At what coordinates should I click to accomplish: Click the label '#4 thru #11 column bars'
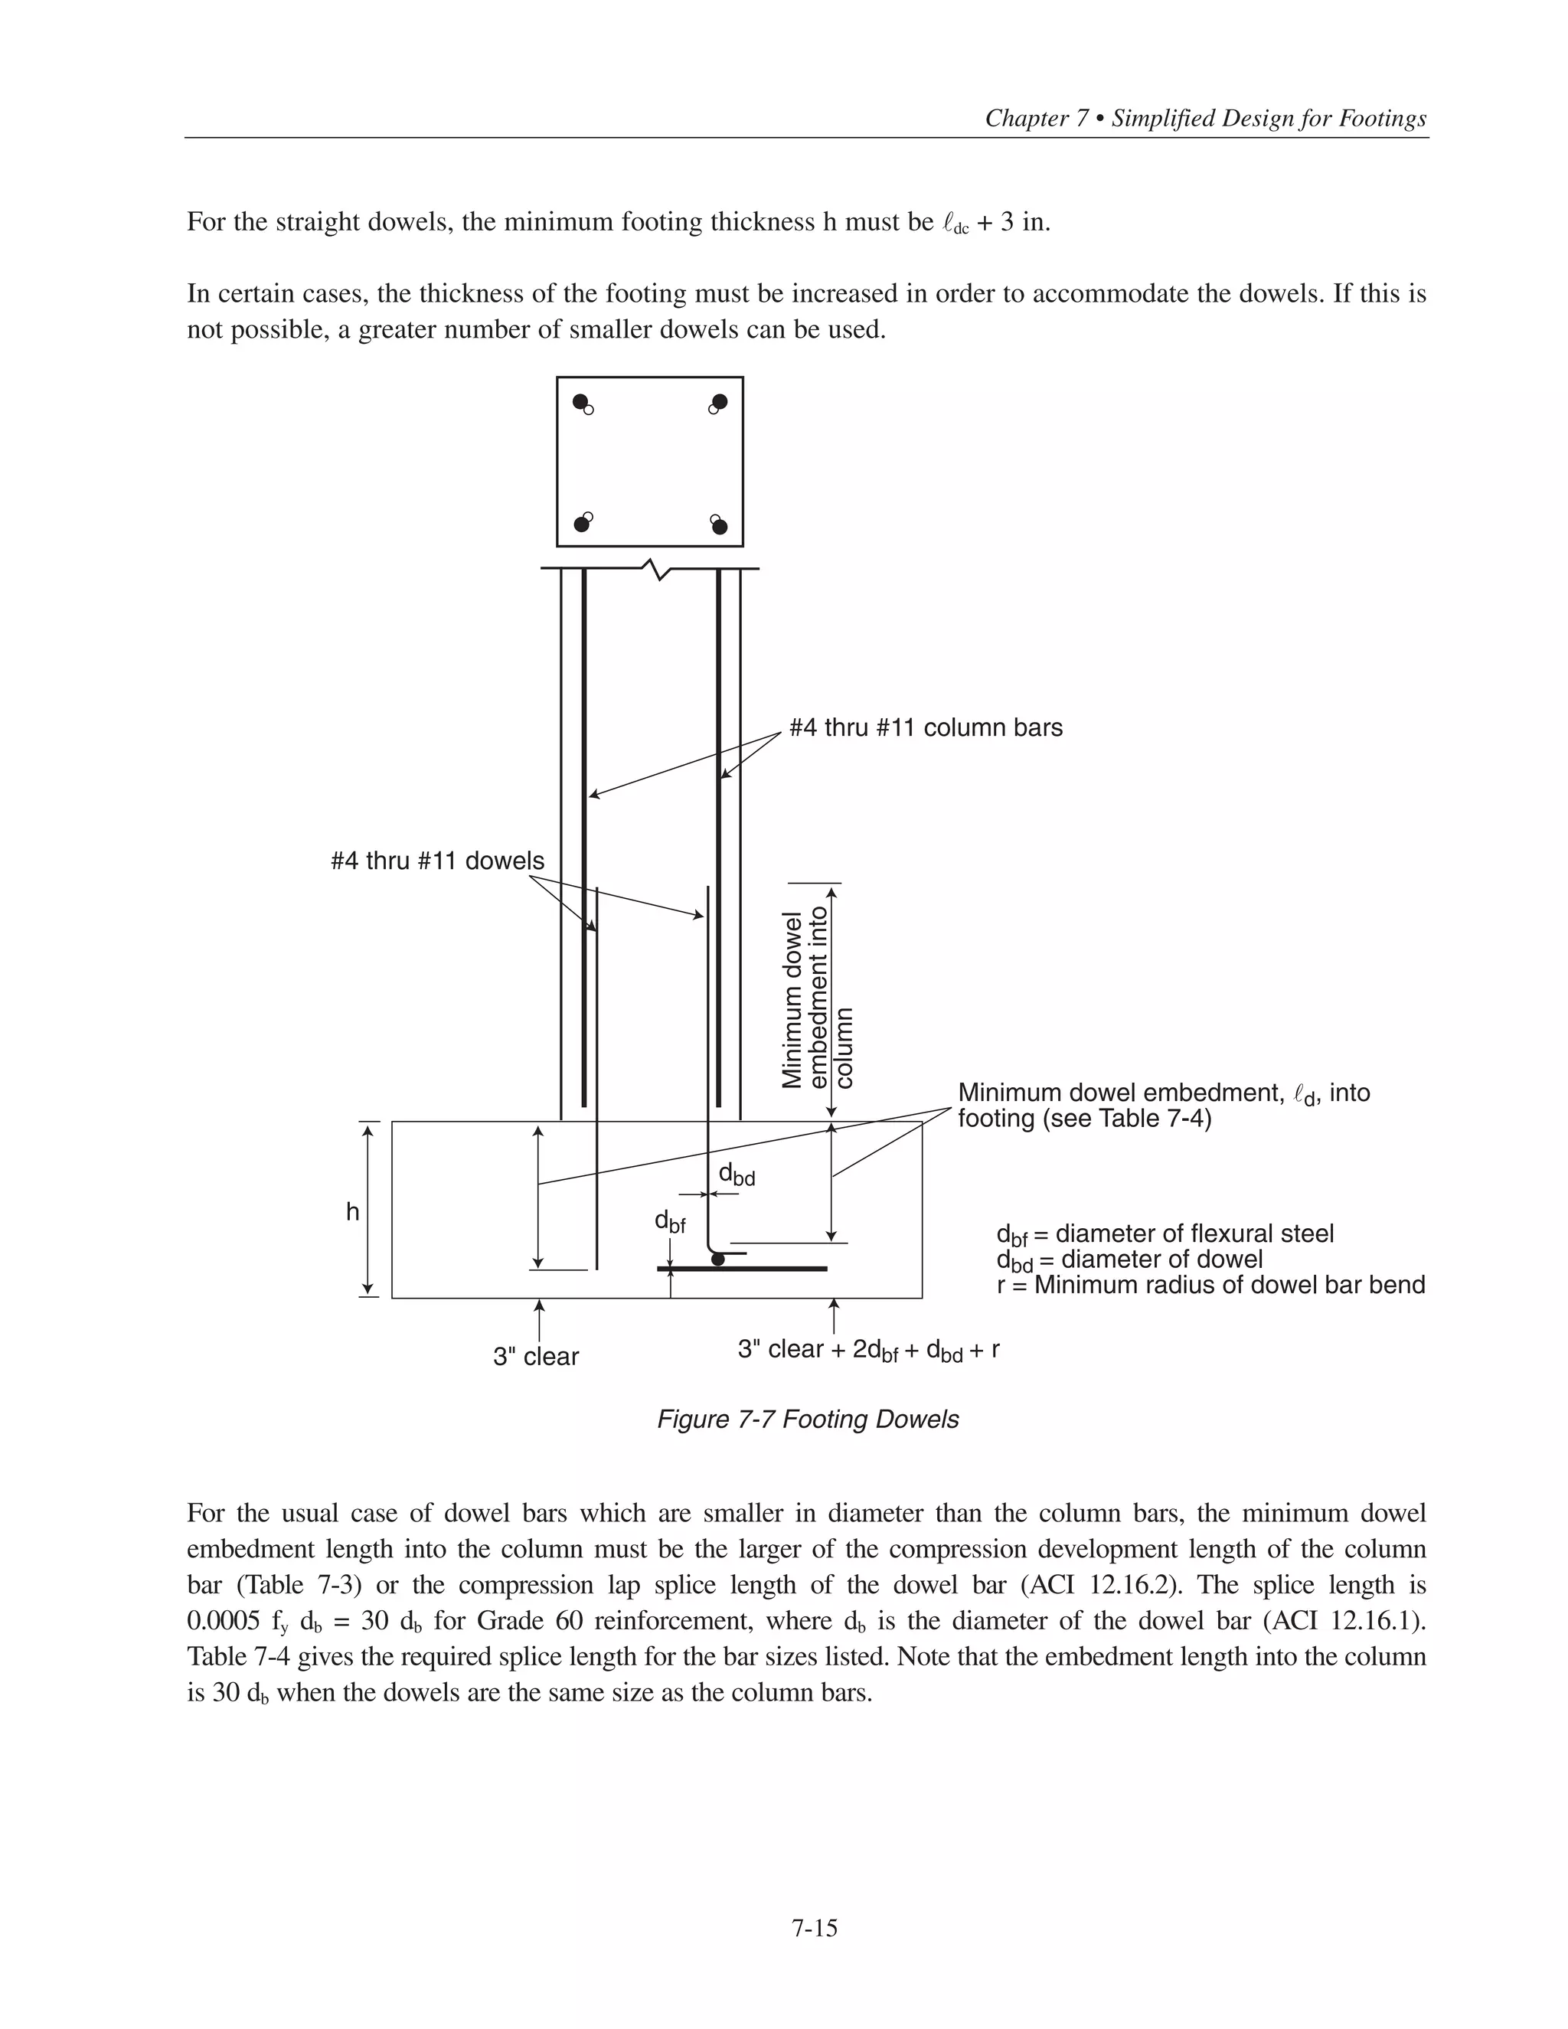tap(925, 727)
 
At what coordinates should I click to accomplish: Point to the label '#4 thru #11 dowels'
tap(437, 861)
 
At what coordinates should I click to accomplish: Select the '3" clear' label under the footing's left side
tap(536, 1358)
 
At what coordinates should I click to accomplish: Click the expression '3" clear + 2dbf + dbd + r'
tap(868, 1350)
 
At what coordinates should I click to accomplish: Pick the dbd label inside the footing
tap(737, 1175)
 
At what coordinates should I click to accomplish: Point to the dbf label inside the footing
tap(670, 1223)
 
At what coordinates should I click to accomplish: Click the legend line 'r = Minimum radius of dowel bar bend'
tap(1210, 1286)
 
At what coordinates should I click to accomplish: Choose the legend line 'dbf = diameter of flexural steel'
tap(1165, 1235)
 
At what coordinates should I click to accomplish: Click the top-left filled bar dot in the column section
tap(580, 401)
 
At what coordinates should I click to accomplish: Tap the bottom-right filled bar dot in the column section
tap(720, 527)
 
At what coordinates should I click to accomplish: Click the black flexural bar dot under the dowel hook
tap(717, 1260)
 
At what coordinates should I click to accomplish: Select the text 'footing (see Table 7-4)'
tap(1084, 1119)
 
